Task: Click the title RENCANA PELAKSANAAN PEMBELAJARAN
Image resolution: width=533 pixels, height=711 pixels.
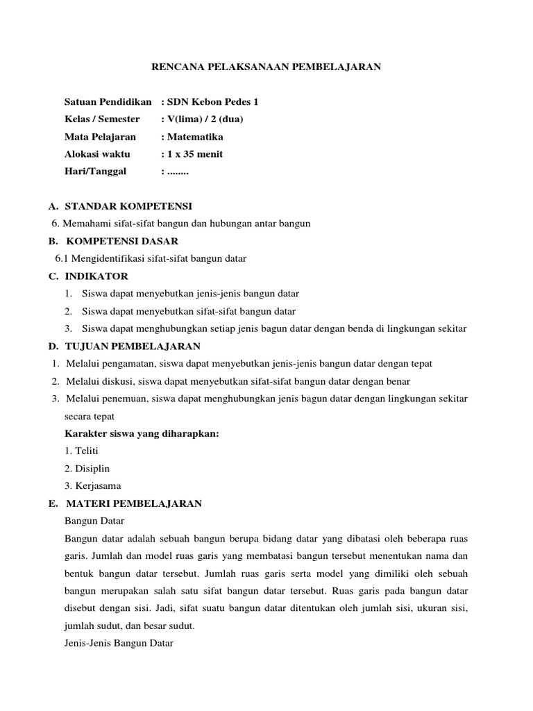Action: click(x=266, y=67)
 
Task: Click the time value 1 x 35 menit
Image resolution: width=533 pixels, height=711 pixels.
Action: click(x=194, y=154)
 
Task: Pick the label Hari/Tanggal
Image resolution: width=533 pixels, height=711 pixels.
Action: click(x=95, y=172)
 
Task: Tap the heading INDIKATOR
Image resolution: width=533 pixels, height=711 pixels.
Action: click(x=96, y=276)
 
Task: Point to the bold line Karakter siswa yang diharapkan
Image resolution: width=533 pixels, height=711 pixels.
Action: click(x=142, y=433)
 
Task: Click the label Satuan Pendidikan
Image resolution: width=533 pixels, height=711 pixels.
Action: click(x=108, y=102)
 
